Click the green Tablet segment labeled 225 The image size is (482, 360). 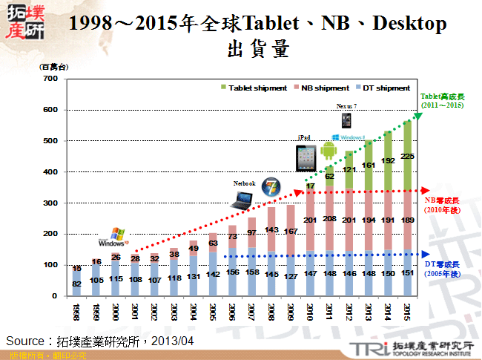[407, 156]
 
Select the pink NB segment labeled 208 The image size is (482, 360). [329, 219]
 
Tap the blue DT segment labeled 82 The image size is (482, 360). [77, 283]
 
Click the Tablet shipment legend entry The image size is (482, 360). [252, 88]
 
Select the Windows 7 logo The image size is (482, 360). [272, 187]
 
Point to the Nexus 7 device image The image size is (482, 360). [346, 120]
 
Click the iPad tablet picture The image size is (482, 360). [305, 157]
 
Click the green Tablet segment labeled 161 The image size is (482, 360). [368, 165]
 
